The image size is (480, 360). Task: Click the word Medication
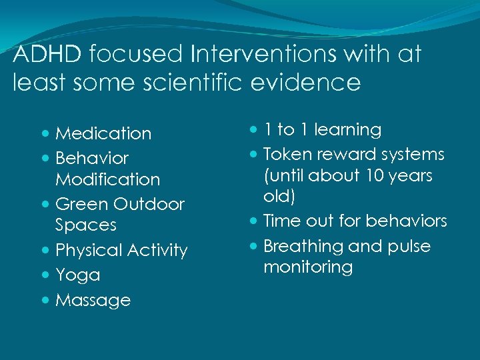tap(103, 133)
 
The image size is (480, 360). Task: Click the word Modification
tap(108, 179)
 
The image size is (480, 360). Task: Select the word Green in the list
tap(82, 203)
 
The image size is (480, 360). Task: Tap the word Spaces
tap(86, 225)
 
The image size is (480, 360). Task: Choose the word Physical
tap(89, 250)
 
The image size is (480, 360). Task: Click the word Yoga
tap(77, 275)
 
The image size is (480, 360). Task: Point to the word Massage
tap(93, 301)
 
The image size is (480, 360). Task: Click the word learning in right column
tap(347, 130)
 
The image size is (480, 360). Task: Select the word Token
tap(287, 154)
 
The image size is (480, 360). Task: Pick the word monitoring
tap(308, 267)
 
